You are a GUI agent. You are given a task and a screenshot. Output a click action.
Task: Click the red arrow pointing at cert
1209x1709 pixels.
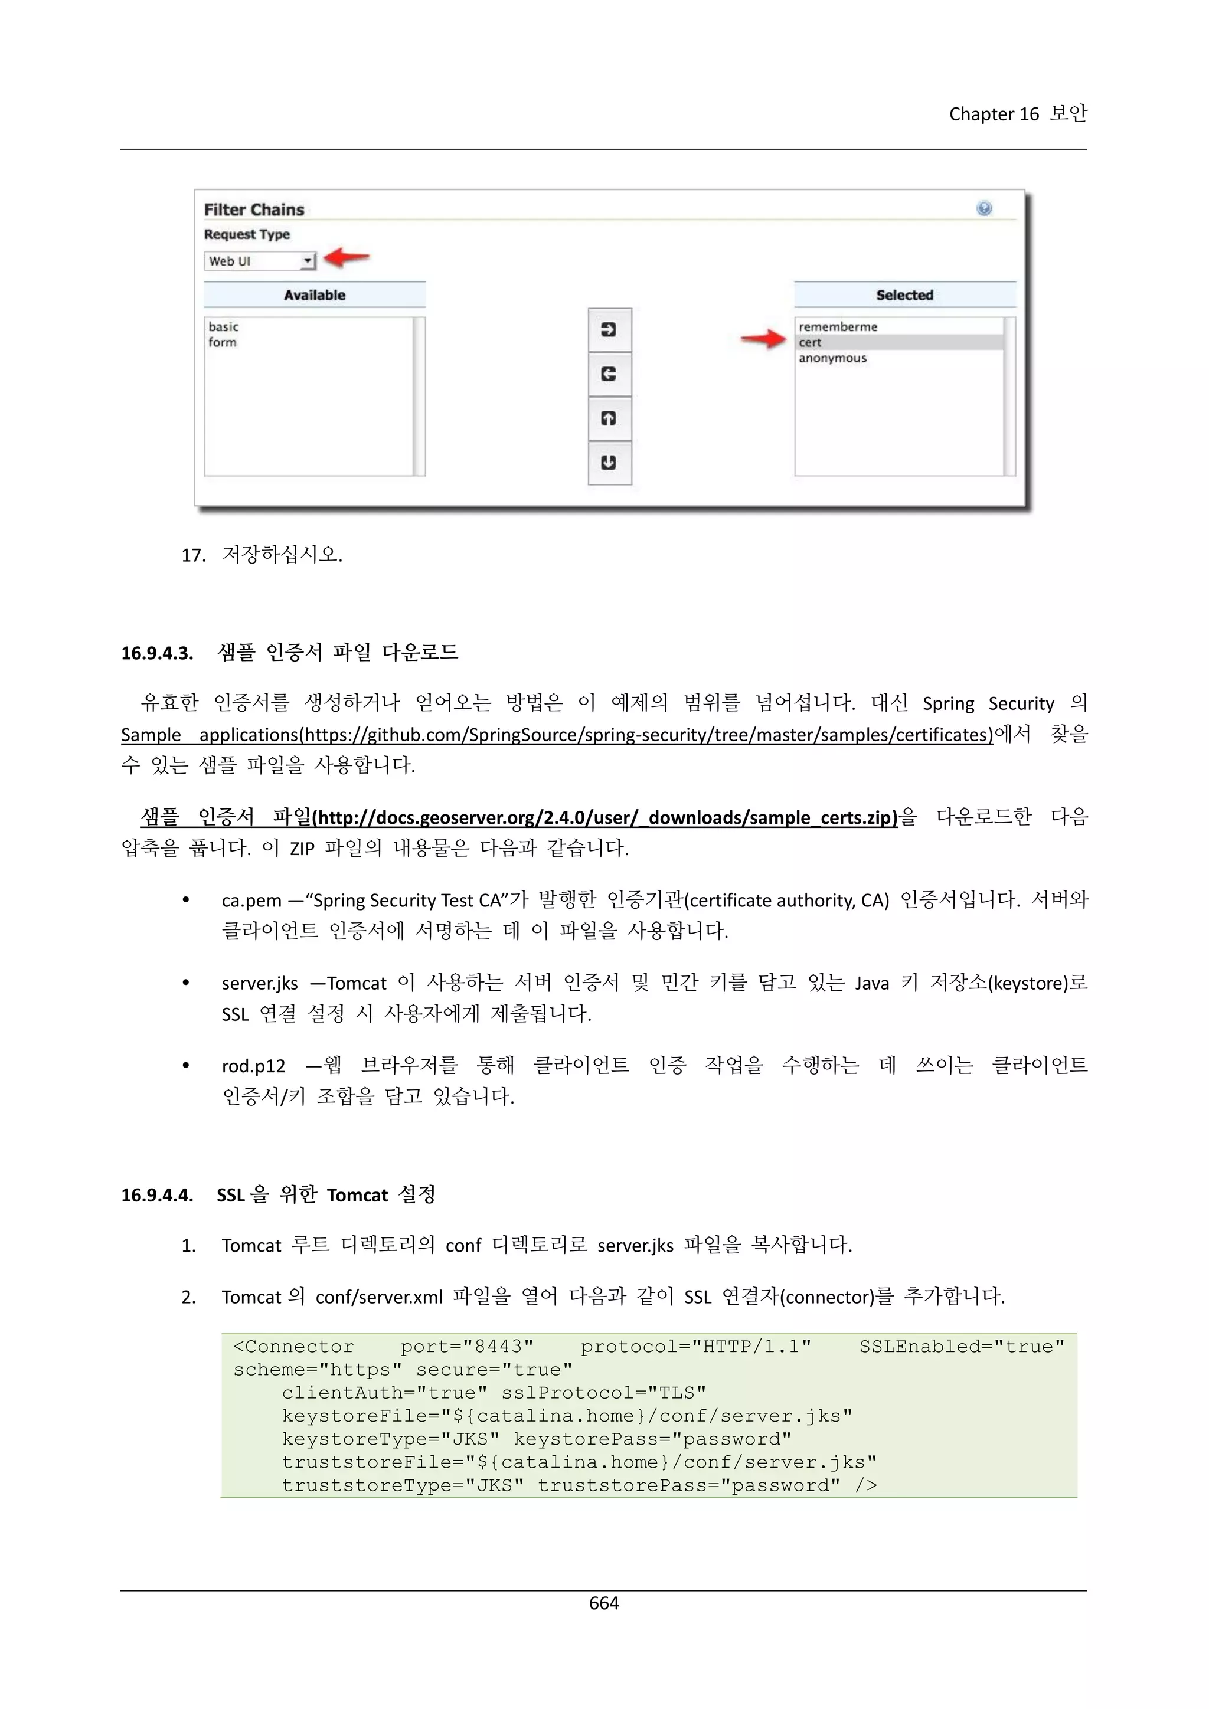click(x=763, y=339)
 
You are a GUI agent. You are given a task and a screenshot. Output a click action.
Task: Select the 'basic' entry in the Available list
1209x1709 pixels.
click(x=223, y=327)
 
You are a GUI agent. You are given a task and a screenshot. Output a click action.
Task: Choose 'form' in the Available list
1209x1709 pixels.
click(x=223, y=342)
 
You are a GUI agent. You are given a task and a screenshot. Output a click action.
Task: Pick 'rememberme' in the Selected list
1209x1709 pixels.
click(x=838, y=327)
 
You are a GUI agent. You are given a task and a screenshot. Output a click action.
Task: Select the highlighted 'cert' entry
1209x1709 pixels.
click(x=810, y=342)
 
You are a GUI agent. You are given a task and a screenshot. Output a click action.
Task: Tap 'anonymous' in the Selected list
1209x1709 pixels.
click(x=832, y=358)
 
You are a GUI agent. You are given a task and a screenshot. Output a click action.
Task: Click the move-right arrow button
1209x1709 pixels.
click(x=609, y=330)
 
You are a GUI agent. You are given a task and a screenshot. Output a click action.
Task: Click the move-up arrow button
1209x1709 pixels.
click(x=609, y=418)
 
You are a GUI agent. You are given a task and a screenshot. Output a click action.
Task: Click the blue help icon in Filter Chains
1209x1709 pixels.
click(x=983, y=208)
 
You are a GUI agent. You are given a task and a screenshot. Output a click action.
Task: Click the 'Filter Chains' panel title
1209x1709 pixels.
click(x=254, y=210)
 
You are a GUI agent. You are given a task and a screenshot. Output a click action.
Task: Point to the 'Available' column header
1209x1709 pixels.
click(x=314, y=294)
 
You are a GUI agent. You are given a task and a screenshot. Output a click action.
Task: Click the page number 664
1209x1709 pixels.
click(x=604, y=1603)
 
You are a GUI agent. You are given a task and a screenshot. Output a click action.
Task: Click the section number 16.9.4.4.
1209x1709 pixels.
click(x=157, y=1196)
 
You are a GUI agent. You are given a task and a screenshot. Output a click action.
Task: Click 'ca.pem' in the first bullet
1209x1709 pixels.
click(x=251, y=901)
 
